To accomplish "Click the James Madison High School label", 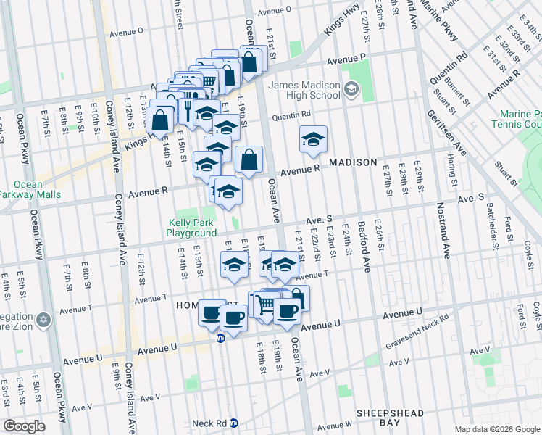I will [x=304, y=90].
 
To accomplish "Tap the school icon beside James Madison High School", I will [x=351, y=90].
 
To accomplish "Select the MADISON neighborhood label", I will [x=354, y=162].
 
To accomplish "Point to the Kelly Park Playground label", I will [x=192, y=228].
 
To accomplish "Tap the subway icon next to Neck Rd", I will [x=244, y=423].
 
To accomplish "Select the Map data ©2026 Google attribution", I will [x=496, y=429].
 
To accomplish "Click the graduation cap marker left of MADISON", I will [x=313, y=139].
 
